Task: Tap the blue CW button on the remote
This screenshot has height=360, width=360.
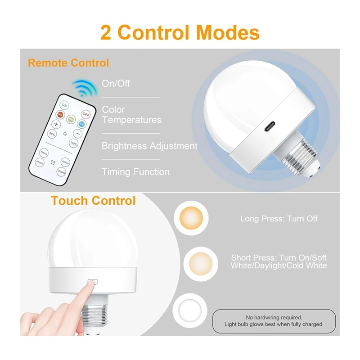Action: (82, 124)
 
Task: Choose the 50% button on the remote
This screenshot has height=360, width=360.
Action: (52, 134)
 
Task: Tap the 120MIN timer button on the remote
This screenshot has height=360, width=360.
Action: (61, 171)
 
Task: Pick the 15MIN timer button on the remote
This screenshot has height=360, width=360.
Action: (44, 152)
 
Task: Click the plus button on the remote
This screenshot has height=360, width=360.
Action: (57, 124)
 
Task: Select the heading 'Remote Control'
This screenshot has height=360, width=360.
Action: (68, 63)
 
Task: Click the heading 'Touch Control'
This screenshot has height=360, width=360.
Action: (93, 200)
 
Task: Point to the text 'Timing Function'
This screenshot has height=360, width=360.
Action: (135, 172)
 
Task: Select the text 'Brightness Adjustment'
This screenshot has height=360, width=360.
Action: (149, 146)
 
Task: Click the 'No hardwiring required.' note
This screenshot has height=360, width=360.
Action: (274, 317)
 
